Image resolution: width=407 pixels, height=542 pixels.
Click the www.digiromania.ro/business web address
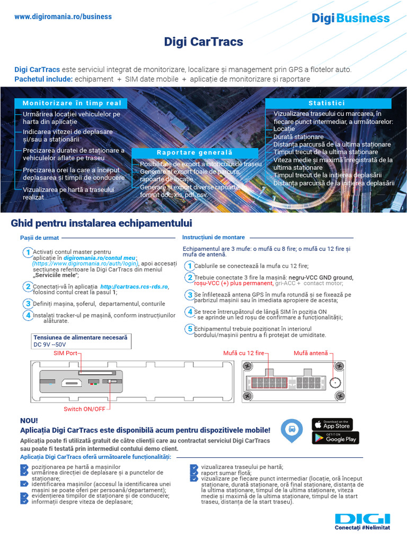[63, 17]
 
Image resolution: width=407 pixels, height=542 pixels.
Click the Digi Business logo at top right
[350, 19]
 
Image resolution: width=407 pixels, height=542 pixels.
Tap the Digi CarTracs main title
[203, 42]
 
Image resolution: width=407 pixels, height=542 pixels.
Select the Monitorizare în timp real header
[72, 103]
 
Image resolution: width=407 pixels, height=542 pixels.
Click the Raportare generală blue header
[194, 152]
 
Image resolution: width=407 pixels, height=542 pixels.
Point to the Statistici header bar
[327, 103]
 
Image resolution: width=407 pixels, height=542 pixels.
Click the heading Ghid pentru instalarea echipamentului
[101, 223]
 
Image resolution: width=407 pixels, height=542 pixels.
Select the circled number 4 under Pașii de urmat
[28, 315]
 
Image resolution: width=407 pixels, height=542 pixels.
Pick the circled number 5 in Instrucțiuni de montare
[189, 329]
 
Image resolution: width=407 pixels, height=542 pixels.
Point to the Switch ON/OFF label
[84, 409]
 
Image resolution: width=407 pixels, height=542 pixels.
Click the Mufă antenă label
[311, 353]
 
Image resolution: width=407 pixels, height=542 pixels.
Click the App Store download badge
[332, 424]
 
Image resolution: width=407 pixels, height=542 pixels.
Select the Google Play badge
[335, 438]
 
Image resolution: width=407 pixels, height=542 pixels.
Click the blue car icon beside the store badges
[291, 430]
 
